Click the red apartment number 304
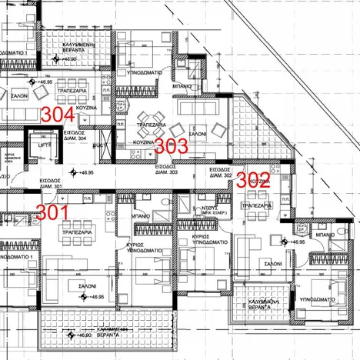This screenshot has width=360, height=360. coord(58,114)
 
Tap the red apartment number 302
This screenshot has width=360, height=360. coord(252,181)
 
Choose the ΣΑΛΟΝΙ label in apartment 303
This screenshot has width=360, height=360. coord(198,133)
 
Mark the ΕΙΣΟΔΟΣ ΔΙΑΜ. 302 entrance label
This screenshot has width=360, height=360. coord(221,172)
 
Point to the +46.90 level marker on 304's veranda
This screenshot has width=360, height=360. coord(69,57)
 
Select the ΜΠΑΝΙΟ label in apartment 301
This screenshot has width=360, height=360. coord(141,218)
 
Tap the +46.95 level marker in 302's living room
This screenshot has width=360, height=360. coord(296,242)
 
